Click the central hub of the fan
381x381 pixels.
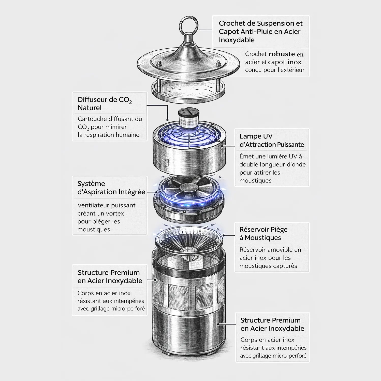[x=189, y=188]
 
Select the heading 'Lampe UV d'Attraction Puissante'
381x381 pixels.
[x=272, y=140]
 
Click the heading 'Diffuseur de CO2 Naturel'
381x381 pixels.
[x=105, y=104]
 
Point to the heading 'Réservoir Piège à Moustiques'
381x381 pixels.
[x=263, y=233]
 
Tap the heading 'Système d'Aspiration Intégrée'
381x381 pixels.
[x=111, y=188]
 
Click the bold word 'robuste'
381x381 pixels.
[x=282, y=54]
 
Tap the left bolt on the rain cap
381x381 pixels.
[x=159, y=64]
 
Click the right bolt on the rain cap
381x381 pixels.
[x=218, y=63]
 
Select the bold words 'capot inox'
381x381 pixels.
[x=285, y=62]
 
